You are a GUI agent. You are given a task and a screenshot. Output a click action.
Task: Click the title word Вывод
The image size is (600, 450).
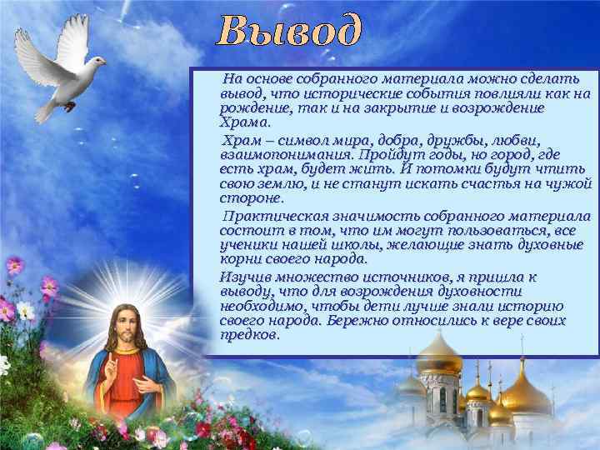(x=291, y=32)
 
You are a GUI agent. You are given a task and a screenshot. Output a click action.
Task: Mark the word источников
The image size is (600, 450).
(x=388, y=277)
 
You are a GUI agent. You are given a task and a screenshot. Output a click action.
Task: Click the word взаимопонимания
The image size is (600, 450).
(x=284, y=155)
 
